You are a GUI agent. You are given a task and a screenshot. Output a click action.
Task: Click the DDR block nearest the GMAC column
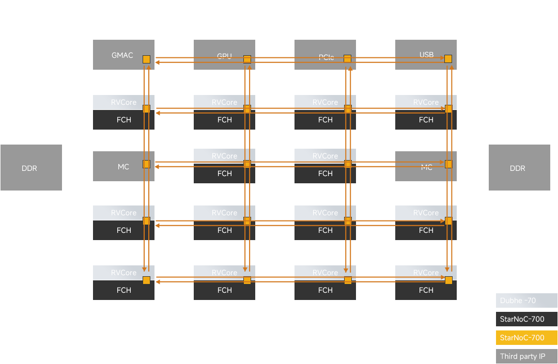(30, 168)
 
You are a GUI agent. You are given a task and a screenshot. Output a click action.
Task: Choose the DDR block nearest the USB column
(517, 168)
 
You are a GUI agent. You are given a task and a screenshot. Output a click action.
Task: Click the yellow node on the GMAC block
(146, 59)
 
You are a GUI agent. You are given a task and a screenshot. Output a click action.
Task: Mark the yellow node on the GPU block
(247, 59)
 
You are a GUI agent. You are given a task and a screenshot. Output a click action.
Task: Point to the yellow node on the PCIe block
(348, 59)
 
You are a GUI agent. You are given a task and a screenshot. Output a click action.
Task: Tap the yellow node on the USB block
(448, 59)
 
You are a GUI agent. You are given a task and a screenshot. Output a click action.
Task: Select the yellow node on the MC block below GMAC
(146, 164)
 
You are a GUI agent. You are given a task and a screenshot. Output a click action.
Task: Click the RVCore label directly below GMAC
(123, 102)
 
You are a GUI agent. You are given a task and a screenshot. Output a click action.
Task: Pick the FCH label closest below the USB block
(426, 120)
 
